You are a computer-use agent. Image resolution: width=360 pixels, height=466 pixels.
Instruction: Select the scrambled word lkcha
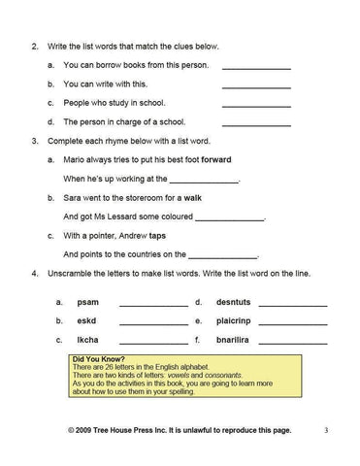tap(87, 340)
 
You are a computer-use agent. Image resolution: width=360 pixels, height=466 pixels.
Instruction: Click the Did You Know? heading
tap(98, 359)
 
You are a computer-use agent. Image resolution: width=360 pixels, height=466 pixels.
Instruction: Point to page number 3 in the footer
tap(326, 428)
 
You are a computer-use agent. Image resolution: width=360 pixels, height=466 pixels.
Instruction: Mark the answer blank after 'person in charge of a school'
tap(256, 123)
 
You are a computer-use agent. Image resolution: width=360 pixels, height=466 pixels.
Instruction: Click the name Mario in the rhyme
tap(75, 160)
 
